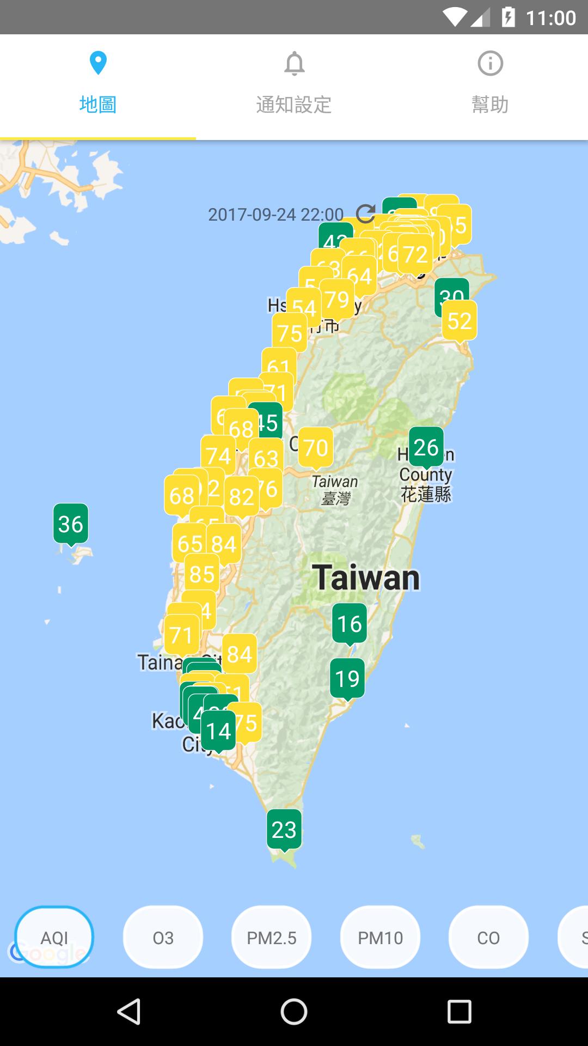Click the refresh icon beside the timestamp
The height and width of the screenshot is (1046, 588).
365,214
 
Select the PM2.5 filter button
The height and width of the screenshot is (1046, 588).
271,938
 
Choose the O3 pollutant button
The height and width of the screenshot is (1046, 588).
163,938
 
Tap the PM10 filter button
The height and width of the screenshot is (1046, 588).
380,938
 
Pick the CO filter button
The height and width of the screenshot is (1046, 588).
488,938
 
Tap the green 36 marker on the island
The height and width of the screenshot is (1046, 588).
71,524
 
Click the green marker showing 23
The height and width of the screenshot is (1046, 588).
284,830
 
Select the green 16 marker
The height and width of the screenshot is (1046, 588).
349,624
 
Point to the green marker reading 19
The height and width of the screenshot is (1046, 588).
347,679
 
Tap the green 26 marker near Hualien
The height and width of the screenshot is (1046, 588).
426,447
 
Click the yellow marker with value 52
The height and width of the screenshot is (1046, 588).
460,321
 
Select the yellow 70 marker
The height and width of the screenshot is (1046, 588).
316,448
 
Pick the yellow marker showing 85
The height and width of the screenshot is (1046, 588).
202,574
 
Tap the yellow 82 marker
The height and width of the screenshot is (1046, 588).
242,497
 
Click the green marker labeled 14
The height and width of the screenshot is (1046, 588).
218,731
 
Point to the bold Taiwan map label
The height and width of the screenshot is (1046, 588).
366,577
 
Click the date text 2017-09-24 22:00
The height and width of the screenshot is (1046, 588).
275,215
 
